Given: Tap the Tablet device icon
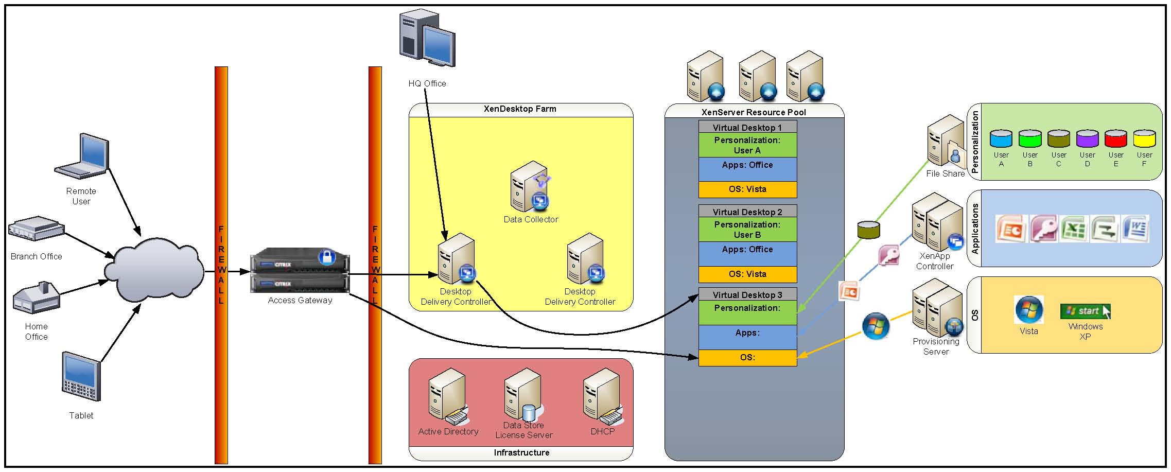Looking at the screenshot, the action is coord(81,376).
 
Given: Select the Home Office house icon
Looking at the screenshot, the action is coord(37,298).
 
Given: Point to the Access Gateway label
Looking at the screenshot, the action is coord(300,300).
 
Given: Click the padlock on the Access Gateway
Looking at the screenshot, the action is coord(326,256).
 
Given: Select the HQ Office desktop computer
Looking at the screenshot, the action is coord(427,39).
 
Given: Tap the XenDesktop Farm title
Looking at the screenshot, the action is coord(520,109).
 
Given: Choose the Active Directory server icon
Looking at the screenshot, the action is coord(448,397).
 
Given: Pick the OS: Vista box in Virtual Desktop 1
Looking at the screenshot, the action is coord(747,189).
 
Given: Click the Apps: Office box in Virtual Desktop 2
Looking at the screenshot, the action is coord(747,254).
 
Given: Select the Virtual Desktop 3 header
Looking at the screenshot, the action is coord(747,294).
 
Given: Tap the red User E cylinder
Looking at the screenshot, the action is coord(1116,138).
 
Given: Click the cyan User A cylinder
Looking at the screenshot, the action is coord(1001,138).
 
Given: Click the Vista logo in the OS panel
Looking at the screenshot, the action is coord(1029,310).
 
